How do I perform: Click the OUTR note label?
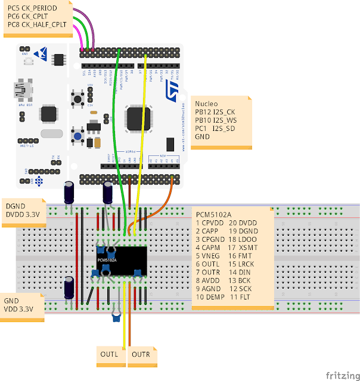(x=141, y=355)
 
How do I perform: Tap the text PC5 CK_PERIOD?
(x=32, y=8)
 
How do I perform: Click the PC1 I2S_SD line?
(x=216, y=128)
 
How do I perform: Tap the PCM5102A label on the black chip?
(x=107, y=260)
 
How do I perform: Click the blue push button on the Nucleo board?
(x=77, y=136)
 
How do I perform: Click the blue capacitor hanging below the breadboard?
(x=116, y=317)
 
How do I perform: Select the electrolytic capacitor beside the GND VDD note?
(x=70, y=287)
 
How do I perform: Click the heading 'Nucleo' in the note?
(x=207, y=103)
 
